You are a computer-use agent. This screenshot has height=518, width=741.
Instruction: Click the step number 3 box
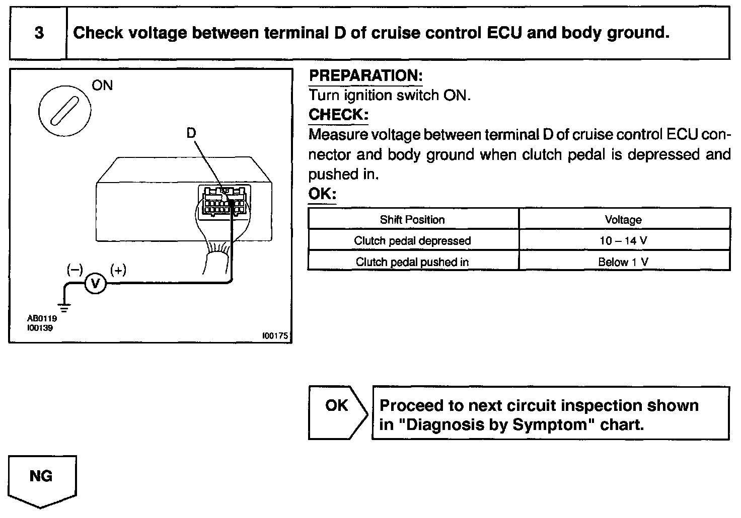tap(39, 33)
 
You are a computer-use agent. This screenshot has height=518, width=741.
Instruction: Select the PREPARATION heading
tap(365, 76)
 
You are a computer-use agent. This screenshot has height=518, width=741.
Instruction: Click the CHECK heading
tap(338, 115)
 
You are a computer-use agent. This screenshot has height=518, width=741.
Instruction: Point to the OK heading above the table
tap(322, 194)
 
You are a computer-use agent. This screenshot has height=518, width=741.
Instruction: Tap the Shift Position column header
tap(412, 220)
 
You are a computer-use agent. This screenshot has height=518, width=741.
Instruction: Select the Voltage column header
tap(623, 220)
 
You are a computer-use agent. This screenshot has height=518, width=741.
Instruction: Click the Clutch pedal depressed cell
tap(412, 241)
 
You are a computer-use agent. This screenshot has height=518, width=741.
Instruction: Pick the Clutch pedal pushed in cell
tap(412, 262)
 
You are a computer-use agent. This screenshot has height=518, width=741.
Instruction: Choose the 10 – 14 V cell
tap(623, 241)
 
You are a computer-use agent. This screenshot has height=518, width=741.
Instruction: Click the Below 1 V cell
tap(623, 262)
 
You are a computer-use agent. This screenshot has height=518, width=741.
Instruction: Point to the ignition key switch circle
tap(64, 107)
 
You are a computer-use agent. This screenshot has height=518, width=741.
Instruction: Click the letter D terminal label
tap(191, 133)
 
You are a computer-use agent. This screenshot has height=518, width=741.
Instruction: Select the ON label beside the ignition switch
tap(102, 85)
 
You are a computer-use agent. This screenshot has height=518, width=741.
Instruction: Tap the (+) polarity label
tap(118, 270)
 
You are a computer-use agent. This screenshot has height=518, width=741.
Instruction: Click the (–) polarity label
tap(75, 270)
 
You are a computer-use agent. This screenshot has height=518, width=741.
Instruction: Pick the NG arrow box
tap(42, 478)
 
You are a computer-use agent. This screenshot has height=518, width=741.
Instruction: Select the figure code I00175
tap(275, 335)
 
